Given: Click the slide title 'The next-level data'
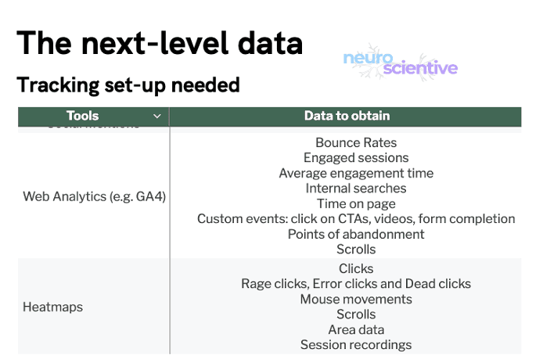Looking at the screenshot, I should point(160,42).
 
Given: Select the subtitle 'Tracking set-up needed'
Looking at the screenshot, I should point(128,85).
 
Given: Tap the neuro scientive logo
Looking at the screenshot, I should point(400,63).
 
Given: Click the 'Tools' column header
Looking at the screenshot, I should point(83,117).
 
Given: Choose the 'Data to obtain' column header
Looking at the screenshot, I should point(347,117).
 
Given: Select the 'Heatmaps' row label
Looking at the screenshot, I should point(52,307).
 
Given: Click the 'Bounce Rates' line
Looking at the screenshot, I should point(356,143).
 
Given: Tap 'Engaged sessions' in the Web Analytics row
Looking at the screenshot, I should point(356,158).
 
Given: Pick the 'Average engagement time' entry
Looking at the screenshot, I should point(356,173).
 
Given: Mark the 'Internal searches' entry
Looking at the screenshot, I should point(356,189).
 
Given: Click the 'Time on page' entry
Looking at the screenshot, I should point(356,203).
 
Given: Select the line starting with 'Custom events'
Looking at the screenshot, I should point(356,219).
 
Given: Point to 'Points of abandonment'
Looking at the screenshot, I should point(356,234).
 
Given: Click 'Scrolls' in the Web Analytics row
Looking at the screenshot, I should point(356,250).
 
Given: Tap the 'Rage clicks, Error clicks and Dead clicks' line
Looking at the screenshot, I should point(356,284).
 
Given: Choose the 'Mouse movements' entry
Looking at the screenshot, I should point(356,299).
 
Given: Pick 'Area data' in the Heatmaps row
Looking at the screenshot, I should point(356,329).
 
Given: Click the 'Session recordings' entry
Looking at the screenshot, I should point(356,344).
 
